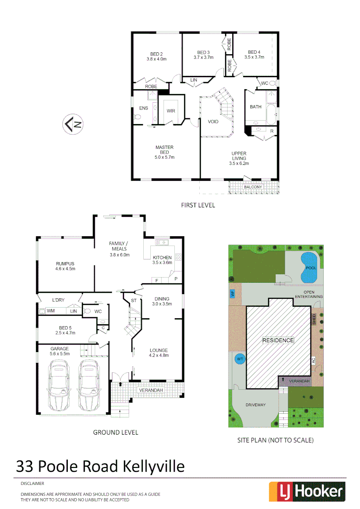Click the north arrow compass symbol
click(74, 124)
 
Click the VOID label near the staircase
click(213, 122)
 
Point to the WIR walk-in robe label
click(171, 111)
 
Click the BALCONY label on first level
click(253, 187)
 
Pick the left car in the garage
click(58, 385)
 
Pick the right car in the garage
click(89, 385)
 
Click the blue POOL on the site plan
click(309, 267)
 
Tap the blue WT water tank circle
click(239, 359)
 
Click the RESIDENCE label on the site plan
click(278, 340)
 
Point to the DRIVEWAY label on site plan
click(255, 405)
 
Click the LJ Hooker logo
click(306, 492)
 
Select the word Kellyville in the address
click(154, 467)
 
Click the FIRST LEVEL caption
click(198, 205)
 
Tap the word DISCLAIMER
click(33, 484)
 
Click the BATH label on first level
click(255, 107)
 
